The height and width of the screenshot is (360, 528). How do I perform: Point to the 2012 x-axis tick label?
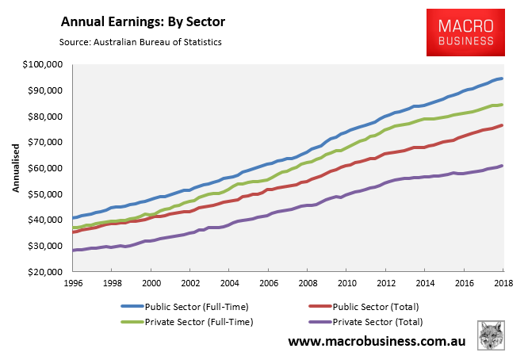(x=385, y=283)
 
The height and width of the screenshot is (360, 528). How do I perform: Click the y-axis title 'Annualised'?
(x=14, y=168)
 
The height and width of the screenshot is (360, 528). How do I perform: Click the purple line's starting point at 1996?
(x=73, y=250)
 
